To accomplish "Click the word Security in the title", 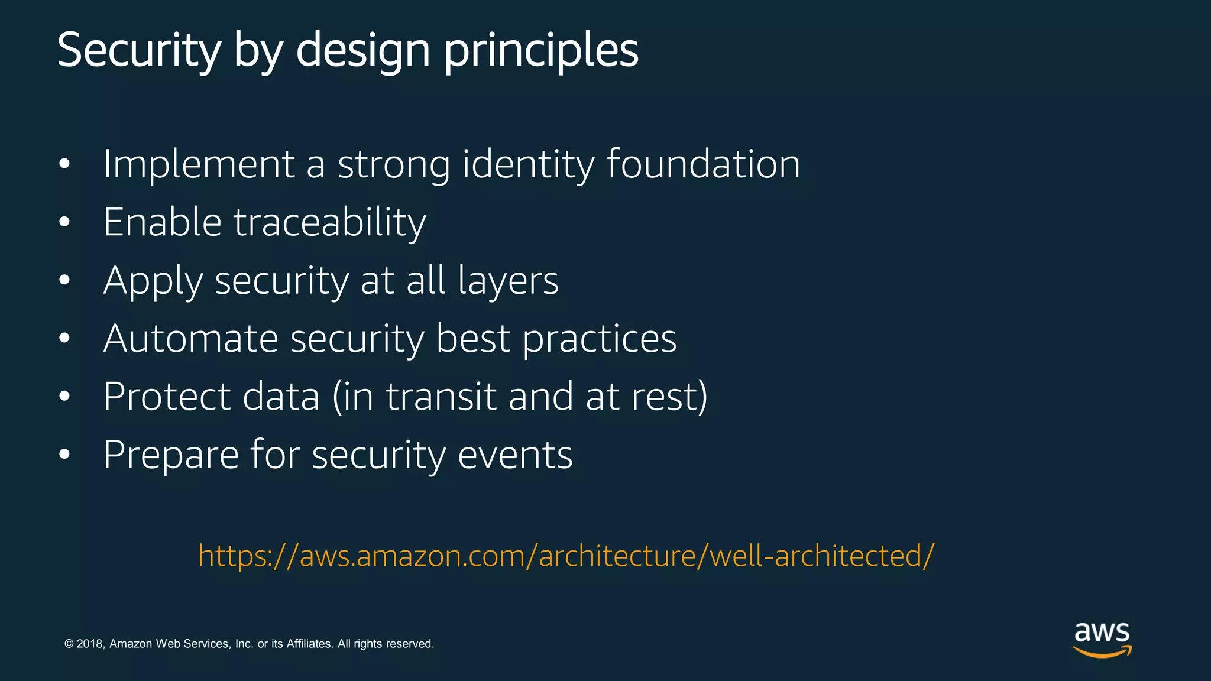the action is (139, 50).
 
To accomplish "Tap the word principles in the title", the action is (540, 52).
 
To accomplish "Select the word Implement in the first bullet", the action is (199, 164).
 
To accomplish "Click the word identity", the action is (528, 164).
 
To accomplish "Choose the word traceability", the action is (329, 223).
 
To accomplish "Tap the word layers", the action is (508, 281).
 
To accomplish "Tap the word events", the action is (515, 455).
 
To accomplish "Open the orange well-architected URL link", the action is (566, 556).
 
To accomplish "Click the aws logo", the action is (1102, 639).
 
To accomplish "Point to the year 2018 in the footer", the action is (90, 644).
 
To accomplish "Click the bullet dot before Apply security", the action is (64, 280).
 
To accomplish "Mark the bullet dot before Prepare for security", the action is (64, 455).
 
